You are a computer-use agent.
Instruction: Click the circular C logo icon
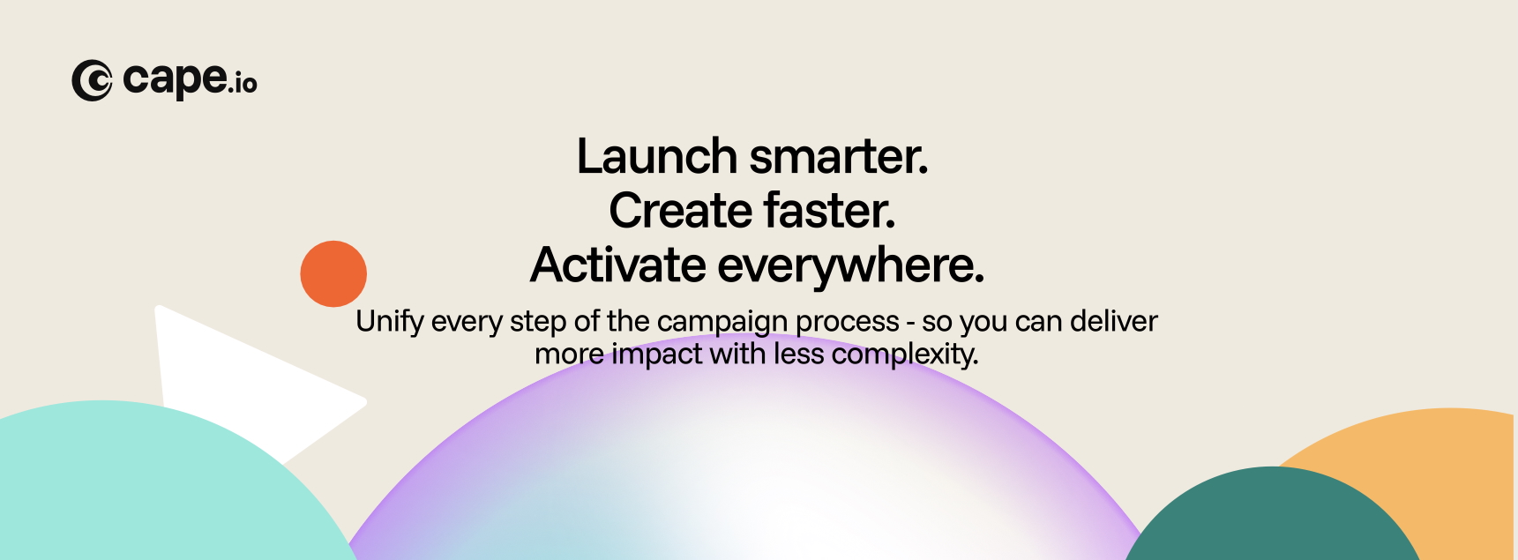tap(92, 80)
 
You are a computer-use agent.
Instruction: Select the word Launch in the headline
tap(656, 156)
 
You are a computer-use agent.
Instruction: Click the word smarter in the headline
tap(839, 157)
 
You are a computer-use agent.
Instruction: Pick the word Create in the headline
tap(680, 211)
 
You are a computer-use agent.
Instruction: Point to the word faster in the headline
tap(830, 211)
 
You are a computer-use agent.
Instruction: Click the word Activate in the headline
tap(618, 265)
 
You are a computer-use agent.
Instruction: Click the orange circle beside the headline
tap(333, 273)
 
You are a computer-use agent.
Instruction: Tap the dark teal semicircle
tap(1271, 516)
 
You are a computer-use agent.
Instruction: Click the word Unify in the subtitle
tap(390, 322)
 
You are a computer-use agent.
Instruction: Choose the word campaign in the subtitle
tap(722, 323)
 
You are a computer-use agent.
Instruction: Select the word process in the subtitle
tap(848, 324)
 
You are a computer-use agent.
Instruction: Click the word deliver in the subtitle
tap(1113, 321)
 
